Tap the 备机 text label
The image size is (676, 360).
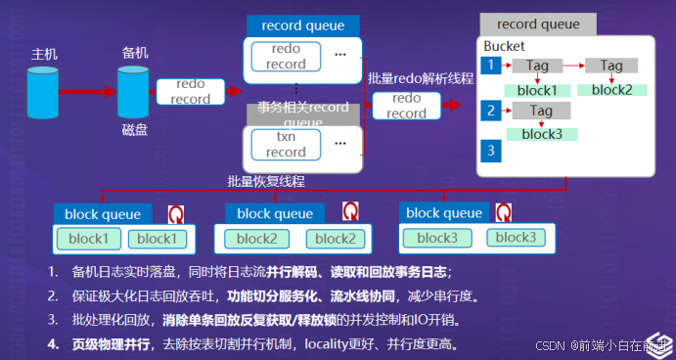[x=134, y=51]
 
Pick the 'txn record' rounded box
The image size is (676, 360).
[x=286, y=145]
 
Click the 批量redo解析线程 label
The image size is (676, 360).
[x=421, y=78]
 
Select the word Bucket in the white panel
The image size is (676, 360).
[x=506, y=47]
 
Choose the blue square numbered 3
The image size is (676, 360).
[x=490, y=150]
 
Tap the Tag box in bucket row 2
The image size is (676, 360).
[x=541, y=112]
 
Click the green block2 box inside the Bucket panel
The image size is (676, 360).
[x=611, y=90]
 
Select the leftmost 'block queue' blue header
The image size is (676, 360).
[x=103, y=213]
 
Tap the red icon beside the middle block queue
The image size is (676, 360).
[x=350, y=212]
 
